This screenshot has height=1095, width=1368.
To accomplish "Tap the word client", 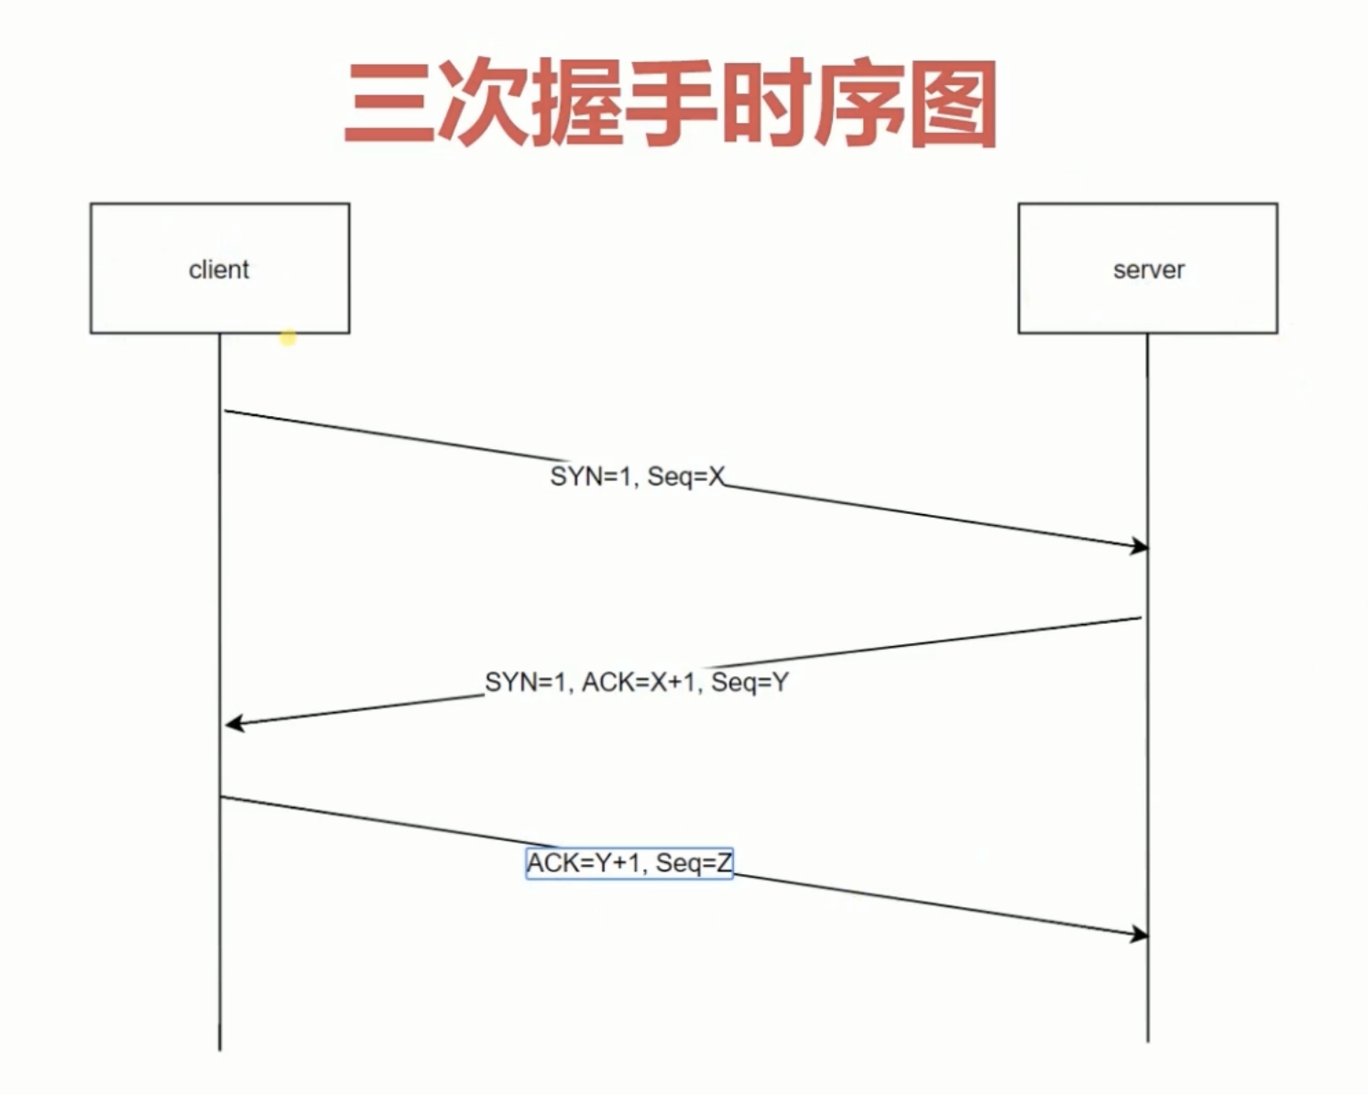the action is click(219, 270).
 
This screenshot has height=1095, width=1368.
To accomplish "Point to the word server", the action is click(1148, 270).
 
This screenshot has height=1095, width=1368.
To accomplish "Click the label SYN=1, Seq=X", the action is click(637, 476).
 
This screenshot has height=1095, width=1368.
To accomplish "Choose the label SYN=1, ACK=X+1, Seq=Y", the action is click(636, 683).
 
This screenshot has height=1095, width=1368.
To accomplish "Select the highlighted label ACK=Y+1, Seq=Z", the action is click(629, 863).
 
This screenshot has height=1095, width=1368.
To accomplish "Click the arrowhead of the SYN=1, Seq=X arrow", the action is click(1140, 546).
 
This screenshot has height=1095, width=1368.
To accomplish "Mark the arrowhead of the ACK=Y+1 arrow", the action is click(1140, 934).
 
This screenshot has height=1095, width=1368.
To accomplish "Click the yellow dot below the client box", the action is click(288, 338).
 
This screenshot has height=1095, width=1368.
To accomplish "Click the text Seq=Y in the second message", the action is click(750, 683).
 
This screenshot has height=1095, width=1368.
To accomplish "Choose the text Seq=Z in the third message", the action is click(694, 863).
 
